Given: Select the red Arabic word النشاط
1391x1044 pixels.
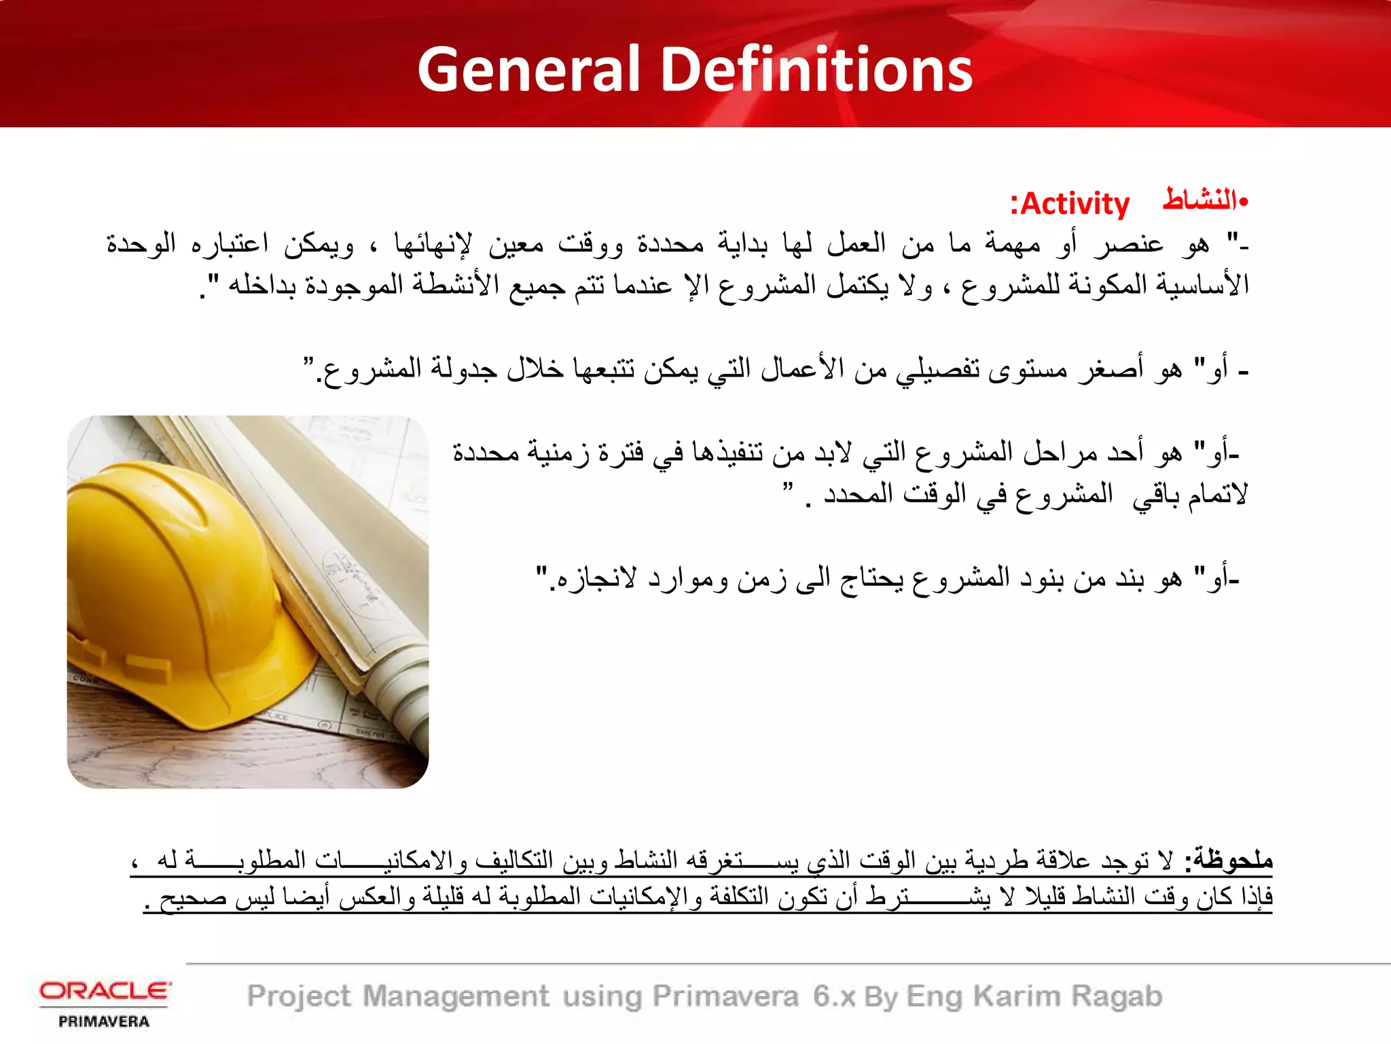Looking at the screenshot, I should tap(1200, 200).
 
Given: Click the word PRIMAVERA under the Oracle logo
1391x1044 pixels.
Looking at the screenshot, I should tap(104, 1022).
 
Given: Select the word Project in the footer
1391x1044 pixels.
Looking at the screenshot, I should tap(299, 996).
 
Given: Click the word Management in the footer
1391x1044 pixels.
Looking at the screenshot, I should tap(456, 996).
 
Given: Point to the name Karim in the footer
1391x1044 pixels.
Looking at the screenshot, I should tap(1016, 996).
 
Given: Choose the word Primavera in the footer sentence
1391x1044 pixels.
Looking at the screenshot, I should tap(725, 996).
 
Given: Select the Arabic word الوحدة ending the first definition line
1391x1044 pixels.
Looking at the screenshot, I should tap(141, 243).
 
